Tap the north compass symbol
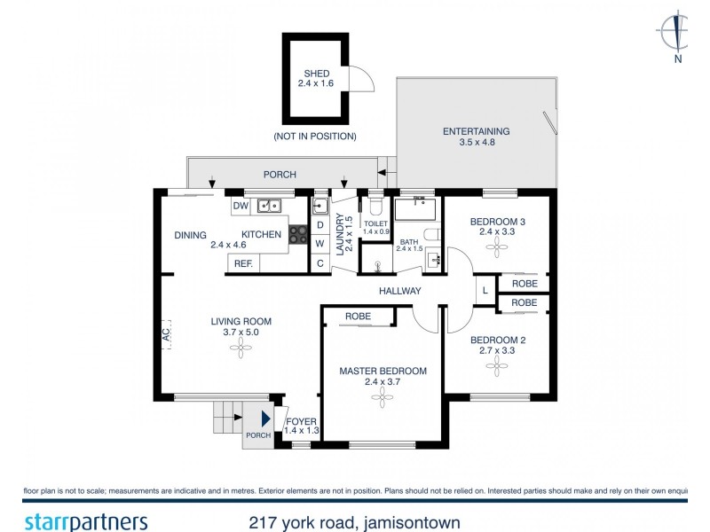678,35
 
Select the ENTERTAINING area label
477,132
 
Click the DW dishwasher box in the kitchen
240,206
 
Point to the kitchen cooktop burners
296,235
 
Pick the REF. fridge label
242,263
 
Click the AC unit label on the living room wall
165,333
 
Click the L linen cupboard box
485,290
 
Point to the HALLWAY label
399,291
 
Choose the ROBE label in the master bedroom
358,316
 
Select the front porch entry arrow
264,419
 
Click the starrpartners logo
84,520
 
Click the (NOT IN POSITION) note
315,137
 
